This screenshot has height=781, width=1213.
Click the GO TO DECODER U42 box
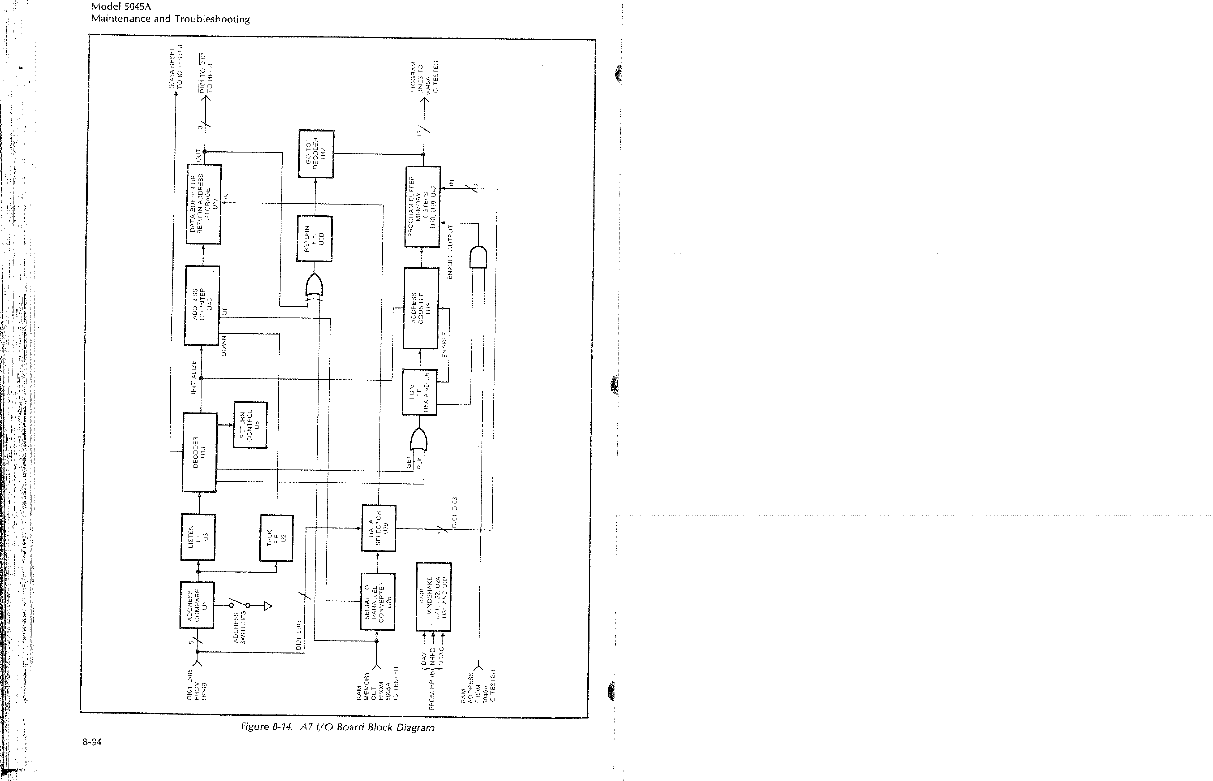(316, 154)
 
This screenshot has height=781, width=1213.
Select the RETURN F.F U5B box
(315, 238)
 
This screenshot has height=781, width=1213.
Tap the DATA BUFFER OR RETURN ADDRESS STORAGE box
(203, 204)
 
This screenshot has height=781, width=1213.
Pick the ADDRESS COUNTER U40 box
(202, 305)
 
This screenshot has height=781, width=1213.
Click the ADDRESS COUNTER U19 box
(421, 308)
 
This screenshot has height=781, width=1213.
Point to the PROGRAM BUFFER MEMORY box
(422, 206)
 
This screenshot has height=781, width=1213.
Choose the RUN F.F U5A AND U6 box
(419, 392)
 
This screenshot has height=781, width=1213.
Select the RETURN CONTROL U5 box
(249, 424)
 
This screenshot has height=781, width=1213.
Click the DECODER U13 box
(199, 452)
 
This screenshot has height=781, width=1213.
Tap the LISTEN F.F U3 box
(198, 537)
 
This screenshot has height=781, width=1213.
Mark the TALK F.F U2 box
(276, 538)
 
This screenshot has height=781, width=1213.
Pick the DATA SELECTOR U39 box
(378, 528)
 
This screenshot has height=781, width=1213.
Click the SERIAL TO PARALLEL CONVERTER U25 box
(377, 601)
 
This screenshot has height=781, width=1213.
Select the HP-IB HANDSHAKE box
(434, 597)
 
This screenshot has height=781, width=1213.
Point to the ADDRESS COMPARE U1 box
(197, 605)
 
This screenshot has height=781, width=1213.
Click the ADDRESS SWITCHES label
(239, 627)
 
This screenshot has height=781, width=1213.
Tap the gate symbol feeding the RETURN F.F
(314, 287)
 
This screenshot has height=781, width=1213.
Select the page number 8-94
(92, 742)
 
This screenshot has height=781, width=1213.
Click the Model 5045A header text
(121, 7)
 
